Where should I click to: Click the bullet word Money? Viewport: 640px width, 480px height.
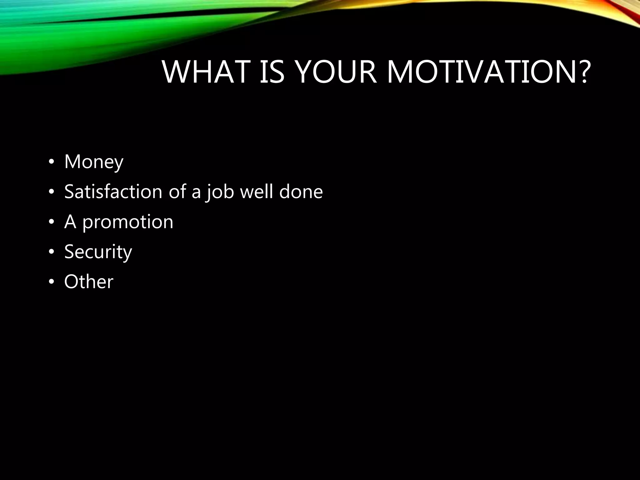(x=94, y=162)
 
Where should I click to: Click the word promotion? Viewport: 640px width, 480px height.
(x=127, y=222)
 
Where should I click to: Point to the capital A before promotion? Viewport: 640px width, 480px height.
(x=70, y=222)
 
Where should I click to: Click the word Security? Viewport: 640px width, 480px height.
(x=98, y=252)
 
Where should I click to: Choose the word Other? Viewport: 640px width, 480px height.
(x=89, y=282)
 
